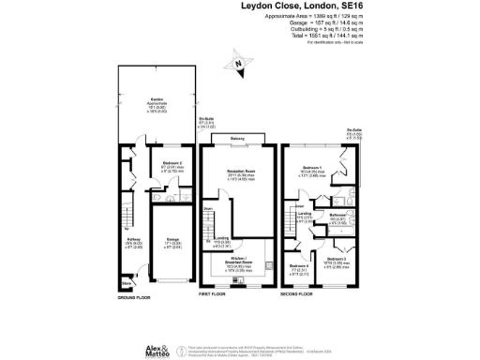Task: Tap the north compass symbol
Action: point(240,65)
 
